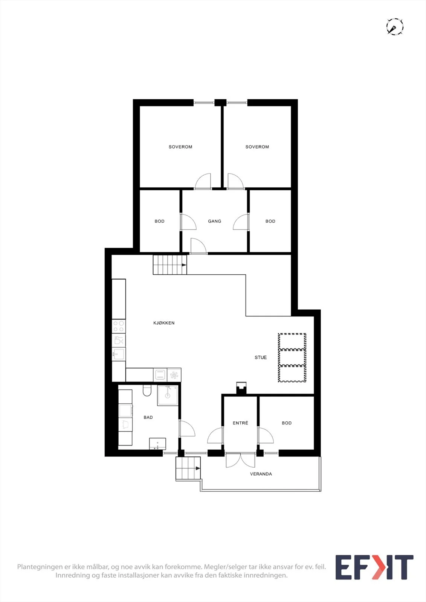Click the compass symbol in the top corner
(395, 27)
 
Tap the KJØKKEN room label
(164, 323)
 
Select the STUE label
(261, 357)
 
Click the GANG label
(214, 221)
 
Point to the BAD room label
(148, 417)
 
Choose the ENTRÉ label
(240, 423)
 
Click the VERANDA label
(261, 474)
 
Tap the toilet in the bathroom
(147, 391)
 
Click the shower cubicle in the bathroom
(168, 395)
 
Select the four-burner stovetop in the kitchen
(119, 326)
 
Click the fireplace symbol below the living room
(241, 388)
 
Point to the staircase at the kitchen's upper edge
(170, 265)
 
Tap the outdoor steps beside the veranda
(188, 468)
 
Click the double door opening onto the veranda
(240, 460)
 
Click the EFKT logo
(374, 567)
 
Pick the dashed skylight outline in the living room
(292, 357)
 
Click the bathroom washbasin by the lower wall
(157, 444)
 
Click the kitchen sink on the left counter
(118, 354)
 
